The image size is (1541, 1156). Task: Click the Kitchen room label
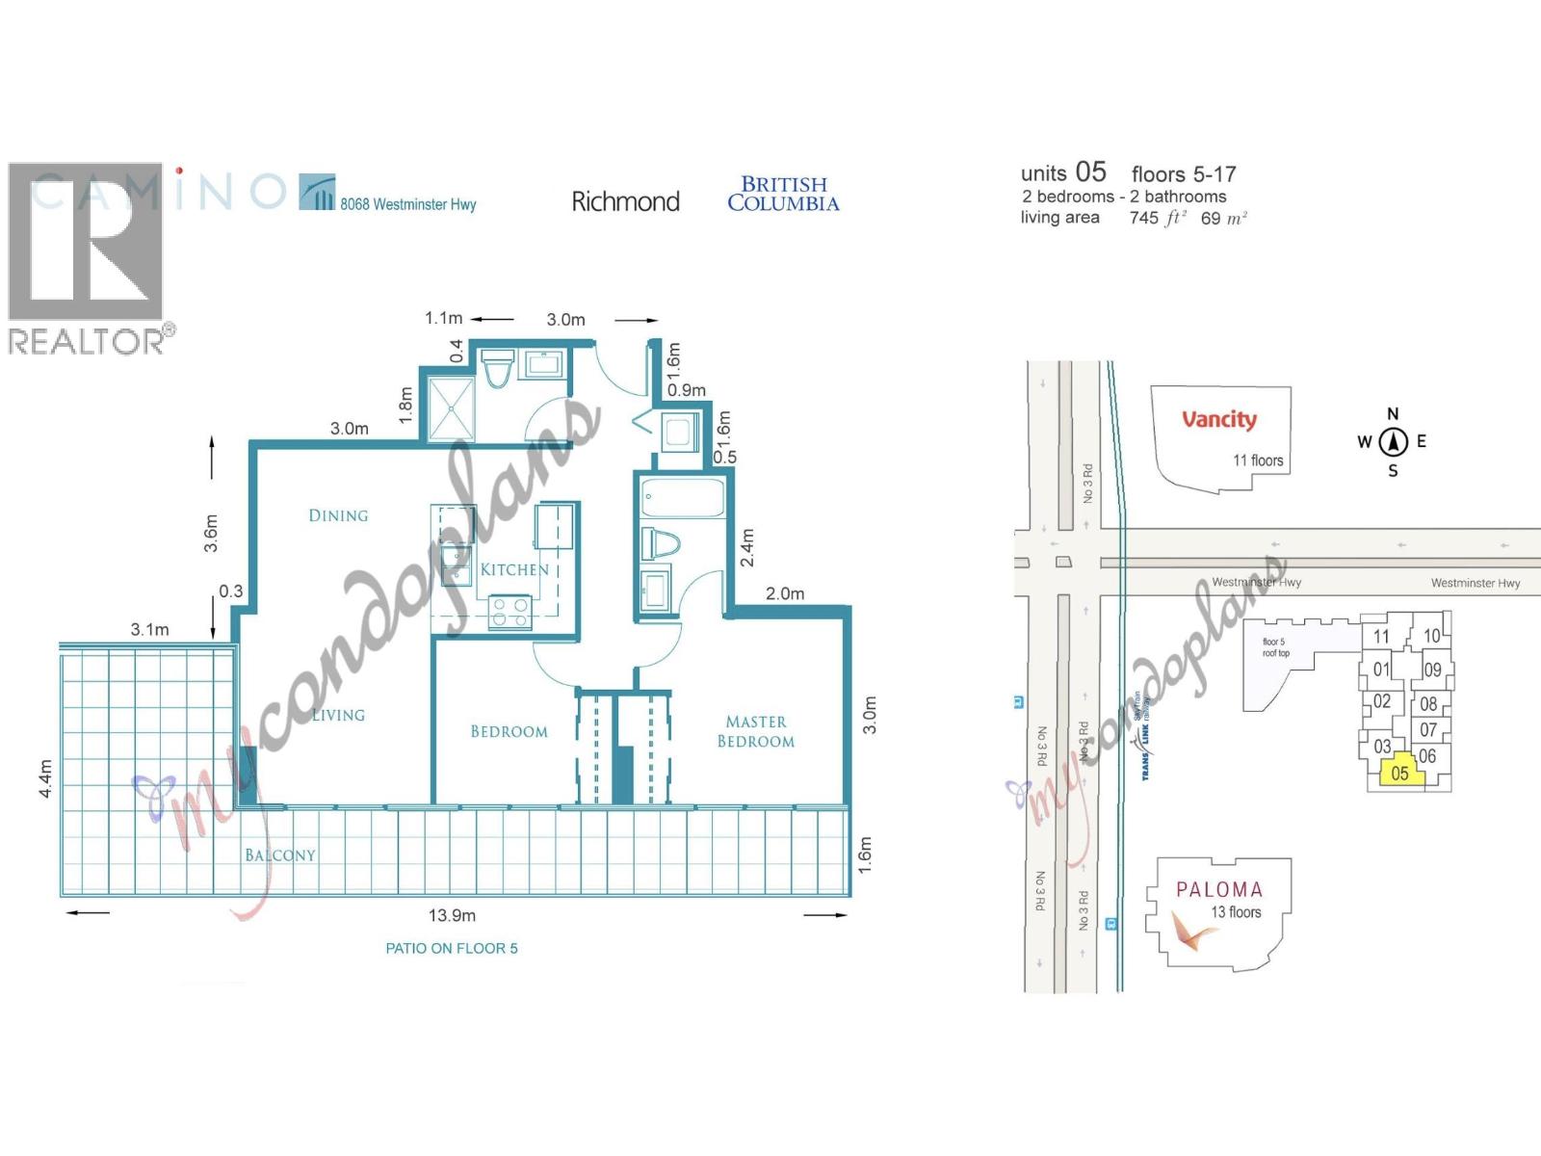(514, 569)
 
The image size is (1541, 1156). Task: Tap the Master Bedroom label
(756, 731)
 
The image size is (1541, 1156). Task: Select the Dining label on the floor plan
(338, 515)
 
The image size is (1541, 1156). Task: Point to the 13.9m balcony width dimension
(452, 915)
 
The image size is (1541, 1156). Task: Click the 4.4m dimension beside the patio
(45, 778)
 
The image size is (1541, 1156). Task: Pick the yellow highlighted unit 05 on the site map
(1399, 773)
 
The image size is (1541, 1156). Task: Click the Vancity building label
(1219, 419)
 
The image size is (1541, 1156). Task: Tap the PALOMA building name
(1219, 889)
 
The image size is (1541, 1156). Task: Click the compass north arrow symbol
(1393, 442)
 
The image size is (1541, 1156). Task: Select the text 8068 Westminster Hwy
(407, 204)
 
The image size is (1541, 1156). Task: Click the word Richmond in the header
(625, 201)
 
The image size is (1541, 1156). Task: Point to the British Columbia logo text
(783, 194)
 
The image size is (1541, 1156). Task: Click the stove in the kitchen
(510, 612)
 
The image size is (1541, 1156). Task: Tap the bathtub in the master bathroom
(683, 498)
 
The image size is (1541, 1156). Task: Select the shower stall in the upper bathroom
(451, 407)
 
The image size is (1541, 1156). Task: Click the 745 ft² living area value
(1157, 218)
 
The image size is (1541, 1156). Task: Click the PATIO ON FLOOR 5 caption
(452, 948)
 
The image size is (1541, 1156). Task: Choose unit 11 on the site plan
(1381, 636)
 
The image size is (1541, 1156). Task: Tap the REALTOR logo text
(87, 341)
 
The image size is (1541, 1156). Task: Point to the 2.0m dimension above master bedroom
(784, 593)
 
